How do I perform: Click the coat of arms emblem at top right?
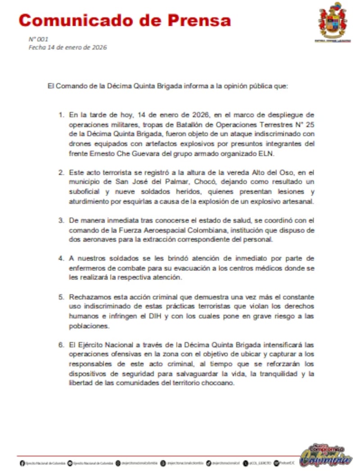(333, 20)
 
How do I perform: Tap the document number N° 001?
(38, 39)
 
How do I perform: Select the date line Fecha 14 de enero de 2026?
(67, 47)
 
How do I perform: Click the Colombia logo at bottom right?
(326, 456)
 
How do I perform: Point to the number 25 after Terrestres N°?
(310, 124)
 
